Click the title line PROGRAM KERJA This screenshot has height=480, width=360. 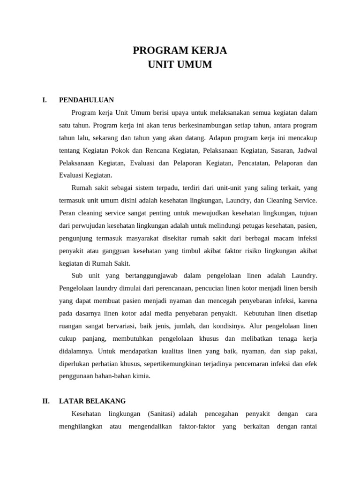(180, 50)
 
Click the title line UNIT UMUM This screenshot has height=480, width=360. (180, 65)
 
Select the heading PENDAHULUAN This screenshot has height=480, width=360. (86, 100)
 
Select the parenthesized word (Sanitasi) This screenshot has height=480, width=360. (161, 414)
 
